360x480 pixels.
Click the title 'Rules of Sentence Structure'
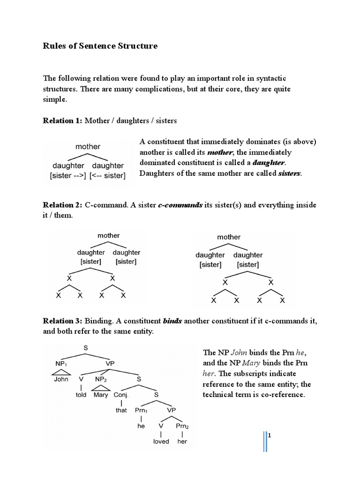pyautogui.click(x=100, y=46)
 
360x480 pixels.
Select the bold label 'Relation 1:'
pyautogui.click(x=62, y=121)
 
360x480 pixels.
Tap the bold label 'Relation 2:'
pyautogui.click(x=62, y=205)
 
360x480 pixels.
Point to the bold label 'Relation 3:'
pyautogui.click(x=62, y=321)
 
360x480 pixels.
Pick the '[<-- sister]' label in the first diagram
pyautogui.click(x=108, y=176)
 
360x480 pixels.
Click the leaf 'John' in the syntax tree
pyautogui.click(x=61, y=379)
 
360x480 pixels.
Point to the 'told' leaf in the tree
pyautogui.click(x=82, y=395)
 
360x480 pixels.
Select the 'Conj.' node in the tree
pyautogui.click(x=121, y=395)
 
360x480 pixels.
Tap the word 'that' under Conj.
pyautogui.click(x=121, y=410)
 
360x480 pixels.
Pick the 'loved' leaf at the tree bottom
pyautogui.click(x=161, y=442)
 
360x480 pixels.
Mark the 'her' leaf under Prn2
pyautogui.click(x=181, y=442)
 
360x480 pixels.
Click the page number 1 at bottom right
pyautogui.click(x=270, y=435)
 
